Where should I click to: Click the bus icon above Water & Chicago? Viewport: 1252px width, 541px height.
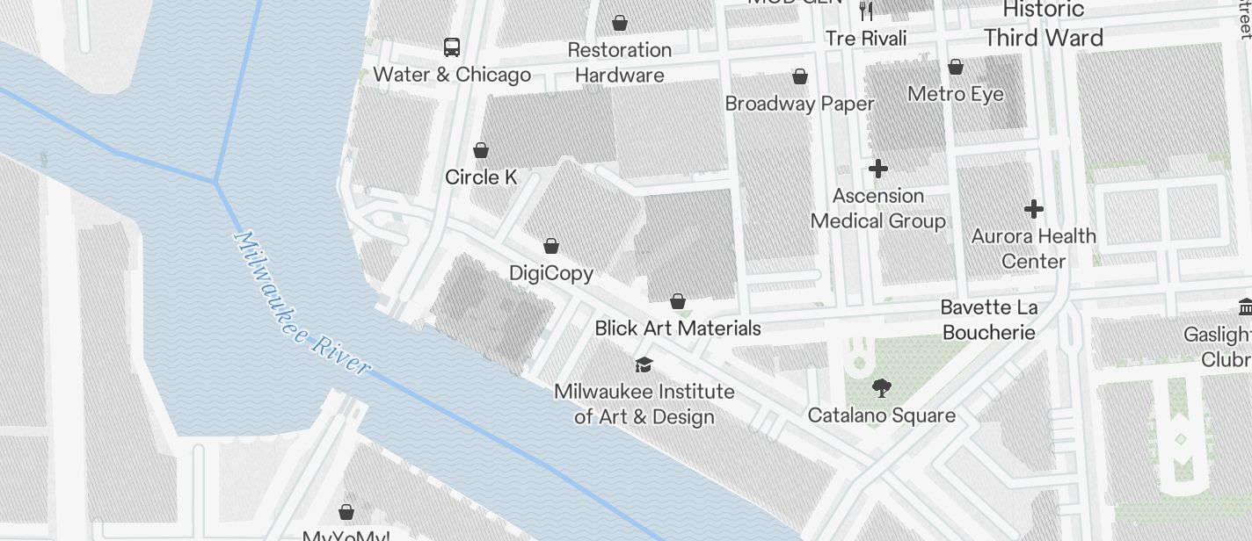452,47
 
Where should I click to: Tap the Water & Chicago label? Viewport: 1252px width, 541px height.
452,75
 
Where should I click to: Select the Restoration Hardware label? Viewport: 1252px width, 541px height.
620,62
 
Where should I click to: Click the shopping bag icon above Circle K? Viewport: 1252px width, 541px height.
481,150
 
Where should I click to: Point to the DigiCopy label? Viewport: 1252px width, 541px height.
551,273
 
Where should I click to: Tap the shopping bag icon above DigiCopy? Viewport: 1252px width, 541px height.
551,246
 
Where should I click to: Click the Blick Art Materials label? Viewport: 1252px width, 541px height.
678,328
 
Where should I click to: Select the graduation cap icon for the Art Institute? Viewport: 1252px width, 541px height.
644,364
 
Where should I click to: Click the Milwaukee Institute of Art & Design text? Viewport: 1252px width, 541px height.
644,403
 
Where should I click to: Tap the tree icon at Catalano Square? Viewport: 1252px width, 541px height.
881,387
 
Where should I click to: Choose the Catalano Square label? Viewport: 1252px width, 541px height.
881,415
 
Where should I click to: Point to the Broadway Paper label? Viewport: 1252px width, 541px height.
799,104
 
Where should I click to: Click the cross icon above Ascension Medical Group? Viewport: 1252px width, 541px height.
877,169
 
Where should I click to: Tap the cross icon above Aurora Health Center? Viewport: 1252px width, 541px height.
1034,209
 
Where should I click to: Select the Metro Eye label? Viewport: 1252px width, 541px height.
956,94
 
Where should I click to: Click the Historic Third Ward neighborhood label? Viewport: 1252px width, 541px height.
1044,25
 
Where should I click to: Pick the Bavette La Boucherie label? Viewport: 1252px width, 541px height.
989,320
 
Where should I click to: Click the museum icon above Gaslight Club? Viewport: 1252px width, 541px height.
1245,307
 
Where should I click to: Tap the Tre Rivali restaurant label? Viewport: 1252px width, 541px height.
866,38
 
